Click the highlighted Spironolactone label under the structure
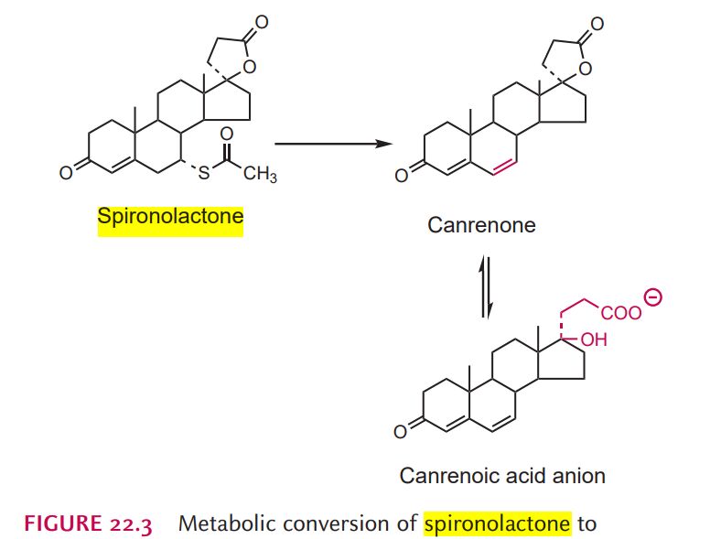(x=170, y=218)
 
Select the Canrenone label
(x=481, y=224)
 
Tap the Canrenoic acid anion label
(x=502, y=476)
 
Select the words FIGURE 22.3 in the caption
(x=88, y=523)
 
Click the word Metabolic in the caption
(x=221, y=523)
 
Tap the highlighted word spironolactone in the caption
(x=496, y=523)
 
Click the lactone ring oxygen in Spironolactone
(x=247, y=66)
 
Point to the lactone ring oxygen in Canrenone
(x=585, y=67)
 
